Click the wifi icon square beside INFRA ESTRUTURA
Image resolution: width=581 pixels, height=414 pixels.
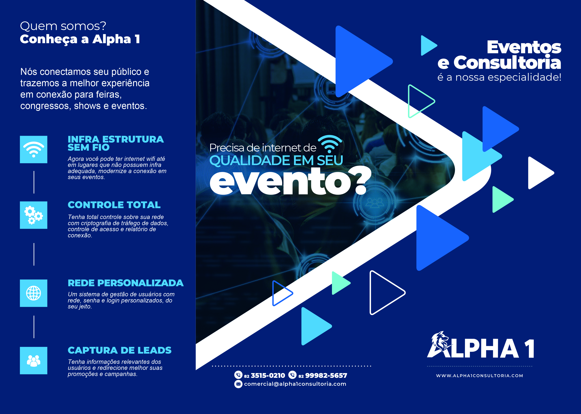click(34, 149)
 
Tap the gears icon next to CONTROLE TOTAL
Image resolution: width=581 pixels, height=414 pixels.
click(34, 215)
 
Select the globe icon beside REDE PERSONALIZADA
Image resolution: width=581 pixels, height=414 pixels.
click(34, 293)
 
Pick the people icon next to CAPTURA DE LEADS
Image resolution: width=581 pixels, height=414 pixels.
click(34, 360)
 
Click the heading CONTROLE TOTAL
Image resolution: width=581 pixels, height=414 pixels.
click(114, 205)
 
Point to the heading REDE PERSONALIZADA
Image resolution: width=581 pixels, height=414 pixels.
click(126, 283)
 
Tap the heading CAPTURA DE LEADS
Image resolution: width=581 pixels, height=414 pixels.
click(119, 350)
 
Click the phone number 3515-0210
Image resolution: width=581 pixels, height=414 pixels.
click(268, 376)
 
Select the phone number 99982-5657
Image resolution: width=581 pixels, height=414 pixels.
click(326, 376)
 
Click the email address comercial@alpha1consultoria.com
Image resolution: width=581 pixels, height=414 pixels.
click(295, 384)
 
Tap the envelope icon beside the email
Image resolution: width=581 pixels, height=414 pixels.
click(238, 384)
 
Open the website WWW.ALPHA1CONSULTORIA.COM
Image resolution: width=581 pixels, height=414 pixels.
click(480, 376)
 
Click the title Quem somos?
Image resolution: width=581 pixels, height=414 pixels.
click(63, 26)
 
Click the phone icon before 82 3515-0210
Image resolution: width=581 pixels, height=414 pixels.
click(238, 375)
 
